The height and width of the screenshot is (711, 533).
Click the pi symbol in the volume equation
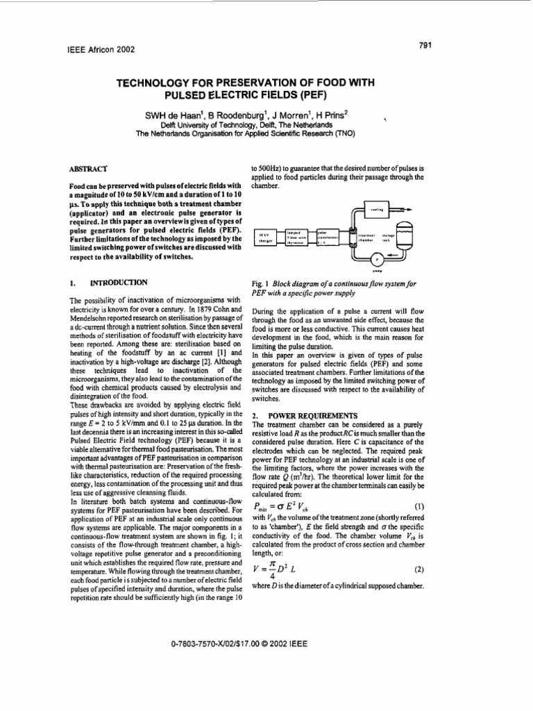(273, 563)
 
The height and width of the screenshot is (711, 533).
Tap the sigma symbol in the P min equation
(279, 507)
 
